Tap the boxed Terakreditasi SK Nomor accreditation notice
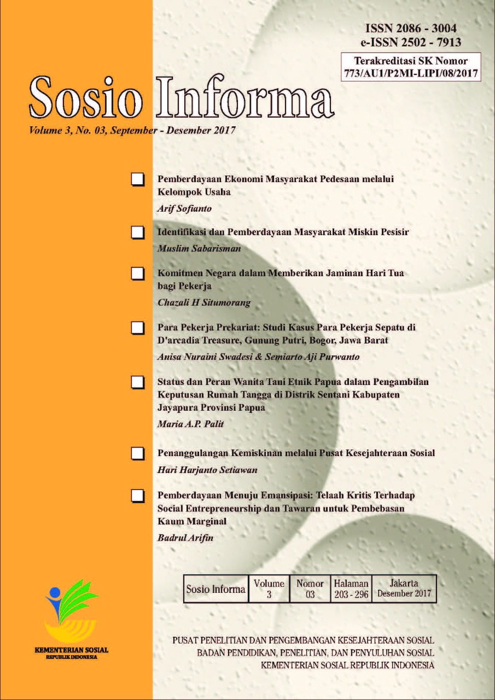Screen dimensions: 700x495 pyautogui.click(x=410, y=66)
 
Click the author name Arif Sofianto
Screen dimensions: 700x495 pyautogui.click(x=183, y=208)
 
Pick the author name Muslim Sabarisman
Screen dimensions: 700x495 pyautogui.click(x=191, y=248)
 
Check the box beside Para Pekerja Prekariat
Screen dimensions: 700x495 pyautogui.click(x=138, y=328)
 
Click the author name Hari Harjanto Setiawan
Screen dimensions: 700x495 pyautogui.click(x=199, y=470)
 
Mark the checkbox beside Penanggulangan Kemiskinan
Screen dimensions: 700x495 pyautogui.click(x=138, y=453)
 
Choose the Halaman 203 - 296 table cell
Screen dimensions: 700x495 pyautogui.click(x=351, y=589)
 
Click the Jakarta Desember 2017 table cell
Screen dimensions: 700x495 pyautogui.click(x=404, y=588)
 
